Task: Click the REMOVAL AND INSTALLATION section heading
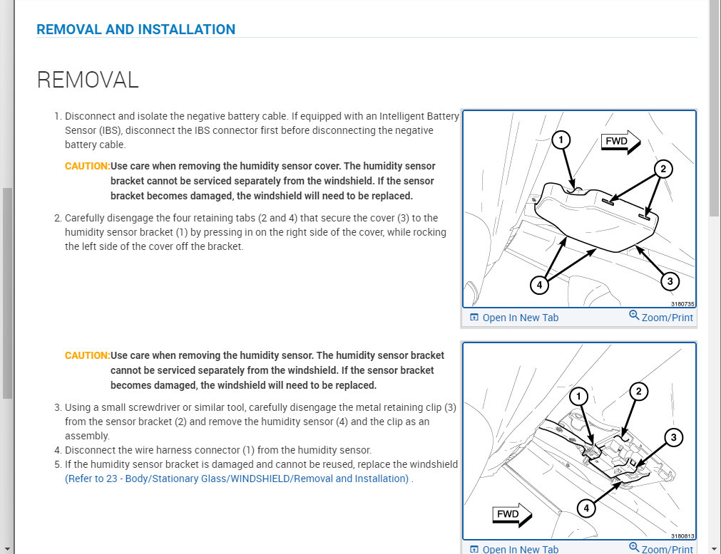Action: click(x=135, y=29)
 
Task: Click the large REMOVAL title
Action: click(x=87, y=80)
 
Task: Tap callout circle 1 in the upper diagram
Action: click(x=562, y=140)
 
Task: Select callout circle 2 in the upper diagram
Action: click(x=663, y=169)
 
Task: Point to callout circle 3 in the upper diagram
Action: click(x=668, y=281)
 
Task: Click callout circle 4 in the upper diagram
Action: click(x=540, y=285)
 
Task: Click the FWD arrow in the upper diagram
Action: click(x=620, y=142)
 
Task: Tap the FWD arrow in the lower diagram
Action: click(x=511, y=514)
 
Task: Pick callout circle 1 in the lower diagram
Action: click(x=581, y=396)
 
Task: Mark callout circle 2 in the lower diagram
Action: click(x=639, y=391)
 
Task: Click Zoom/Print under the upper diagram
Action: click(x=667, y=318)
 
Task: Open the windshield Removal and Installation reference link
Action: click(x=237, y=479)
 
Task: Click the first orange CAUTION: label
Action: click(x=87, y=166)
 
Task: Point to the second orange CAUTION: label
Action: click(x=87, y=355)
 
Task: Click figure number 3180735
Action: click(x=682, y=304)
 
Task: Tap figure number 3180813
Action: click(x=682, y=536)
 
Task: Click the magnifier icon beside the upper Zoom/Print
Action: click(x=634, y=315)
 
